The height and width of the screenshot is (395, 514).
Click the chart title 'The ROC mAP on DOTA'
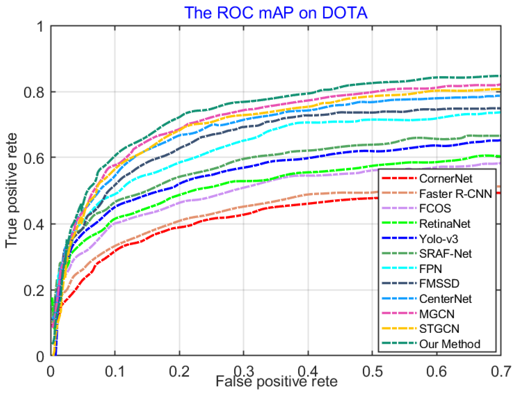point(276,13)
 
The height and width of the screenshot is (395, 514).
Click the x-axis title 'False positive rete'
point(276,381)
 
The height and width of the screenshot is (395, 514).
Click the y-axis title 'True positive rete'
point(11,190)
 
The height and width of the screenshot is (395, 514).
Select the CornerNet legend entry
point(445,179)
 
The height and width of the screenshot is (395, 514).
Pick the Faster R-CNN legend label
point(455,194)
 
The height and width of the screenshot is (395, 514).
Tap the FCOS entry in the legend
point(435,208)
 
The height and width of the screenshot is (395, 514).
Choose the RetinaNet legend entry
point(444,224)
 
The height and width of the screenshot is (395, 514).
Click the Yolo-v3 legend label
point(438,239)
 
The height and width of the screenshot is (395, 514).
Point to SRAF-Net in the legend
point(445,254)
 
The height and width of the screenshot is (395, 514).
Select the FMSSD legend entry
point(439,284)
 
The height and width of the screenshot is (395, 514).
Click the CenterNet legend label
point(445,299)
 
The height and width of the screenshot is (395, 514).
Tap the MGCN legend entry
point(436,314)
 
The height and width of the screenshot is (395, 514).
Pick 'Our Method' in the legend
point(449,344)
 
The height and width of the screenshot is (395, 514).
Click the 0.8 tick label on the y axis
point(33,92)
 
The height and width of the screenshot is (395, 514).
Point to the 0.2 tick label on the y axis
point(33,290)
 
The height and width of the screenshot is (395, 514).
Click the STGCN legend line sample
point(399,328)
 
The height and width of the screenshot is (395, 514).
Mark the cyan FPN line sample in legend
point(399,268)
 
